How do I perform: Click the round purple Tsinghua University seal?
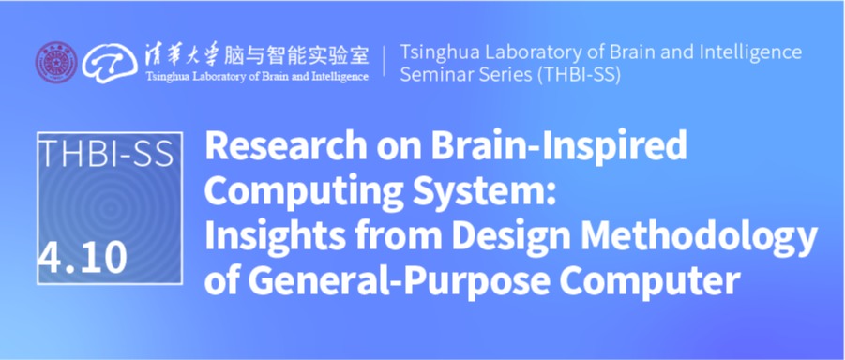point(56,63)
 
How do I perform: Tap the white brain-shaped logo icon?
point(110,63)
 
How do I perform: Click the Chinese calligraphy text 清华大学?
point(181,55)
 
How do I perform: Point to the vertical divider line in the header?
point(385,61)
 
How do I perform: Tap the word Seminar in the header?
point(435,75)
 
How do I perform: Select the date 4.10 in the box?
point(83,257)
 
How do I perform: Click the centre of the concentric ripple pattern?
point(111,207)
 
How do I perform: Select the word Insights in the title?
point(274,238)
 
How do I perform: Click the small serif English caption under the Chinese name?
point(257,77)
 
